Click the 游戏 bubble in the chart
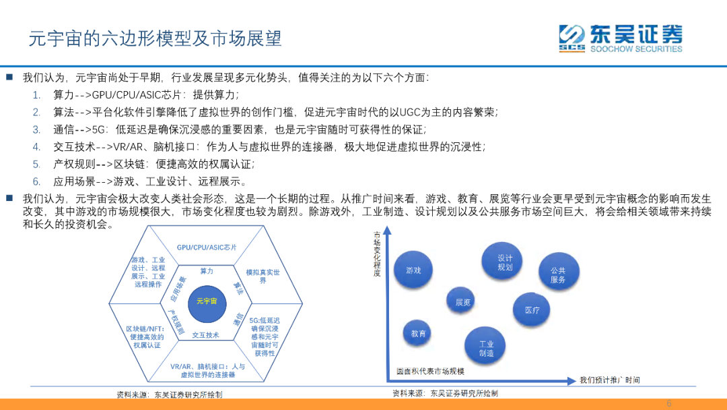(x=413, y=270)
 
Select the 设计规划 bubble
(x=506, y=262)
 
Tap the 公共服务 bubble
(x=558, y=274)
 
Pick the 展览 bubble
(x=463, y=302)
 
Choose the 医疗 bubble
(x=532, y=310)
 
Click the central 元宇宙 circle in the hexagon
(x=207, y=301)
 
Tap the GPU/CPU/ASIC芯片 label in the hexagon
(x=207, y=247)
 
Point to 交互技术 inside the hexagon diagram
(x=206, y=335)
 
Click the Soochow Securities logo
(x=620, y=38)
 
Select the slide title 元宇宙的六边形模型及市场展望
(x=155, y=38)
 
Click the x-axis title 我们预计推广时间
(x=610, y=380)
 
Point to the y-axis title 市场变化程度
(x=376, y=254)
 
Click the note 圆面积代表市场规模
(x=430, y=372)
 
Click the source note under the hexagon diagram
(x=169, y=394)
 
